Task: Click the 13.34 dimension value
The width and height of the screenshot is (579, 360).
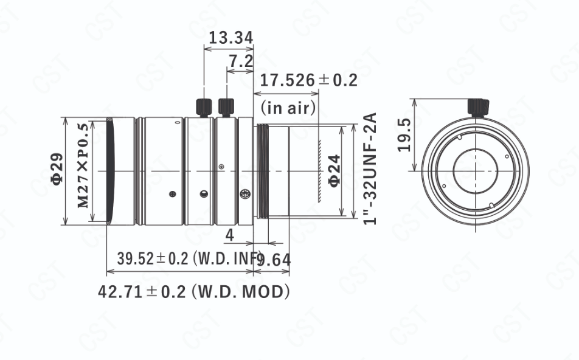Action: pyautogui.click(x=231, y=38)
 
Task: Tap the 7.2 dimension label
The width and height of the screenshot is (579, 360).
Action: pyautogui.click(x=241, y=61)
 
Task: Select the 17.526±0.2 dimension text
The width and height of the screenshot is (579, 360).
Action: pyautogui.click(x=309, y=80)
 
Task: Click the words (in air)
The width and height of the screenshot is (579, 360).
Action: pyautogui.click(x=288, y=108)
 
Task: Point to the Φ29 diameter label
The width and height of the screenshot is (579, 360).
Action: pyautogui.click(x=57, y=168)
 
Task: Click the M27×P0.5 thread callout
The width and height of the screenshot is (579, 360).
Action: pyautogui.click(x=83, y=165)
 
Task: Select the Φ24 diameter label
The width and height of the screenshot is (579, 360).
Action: pyautogui.click(x=335, y=171)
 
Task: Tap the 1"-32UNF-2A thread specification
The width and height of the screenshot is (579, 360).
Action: pyautogui.click(x=370, y=168)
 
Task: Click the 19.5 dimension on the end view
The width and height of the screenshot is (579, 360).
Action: pyautogui.click(x=404, y=135)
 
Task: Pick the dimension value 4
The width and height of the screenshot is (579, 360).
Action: pyautogui.click(x=230, y=235)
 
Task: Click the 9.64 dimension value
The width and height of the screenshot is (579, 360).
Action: pyautogui.click(x=273, y=260)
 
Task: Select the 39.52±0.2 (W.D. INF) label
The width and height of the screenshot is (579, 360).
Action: pyautogui.click(x=189, y=258)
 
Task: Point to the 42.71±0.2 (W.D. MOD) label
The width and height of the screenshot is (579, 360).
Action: pyautogui.click(x=194, y=292)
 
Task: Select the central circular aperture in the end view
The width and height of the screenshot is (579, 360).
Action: pyautogui.click(x=476, y=171)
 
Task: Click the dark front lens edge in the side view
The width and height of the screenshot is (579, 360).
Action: pyautogui.click(x=111, y=171)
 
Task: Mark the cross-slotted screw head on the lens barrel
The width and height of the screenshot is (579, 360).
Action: pyautogui.click(x=245, y=193)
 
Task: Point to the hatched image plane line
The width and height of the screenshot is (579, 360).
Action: pyautogui.click(x=319, y=171)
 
